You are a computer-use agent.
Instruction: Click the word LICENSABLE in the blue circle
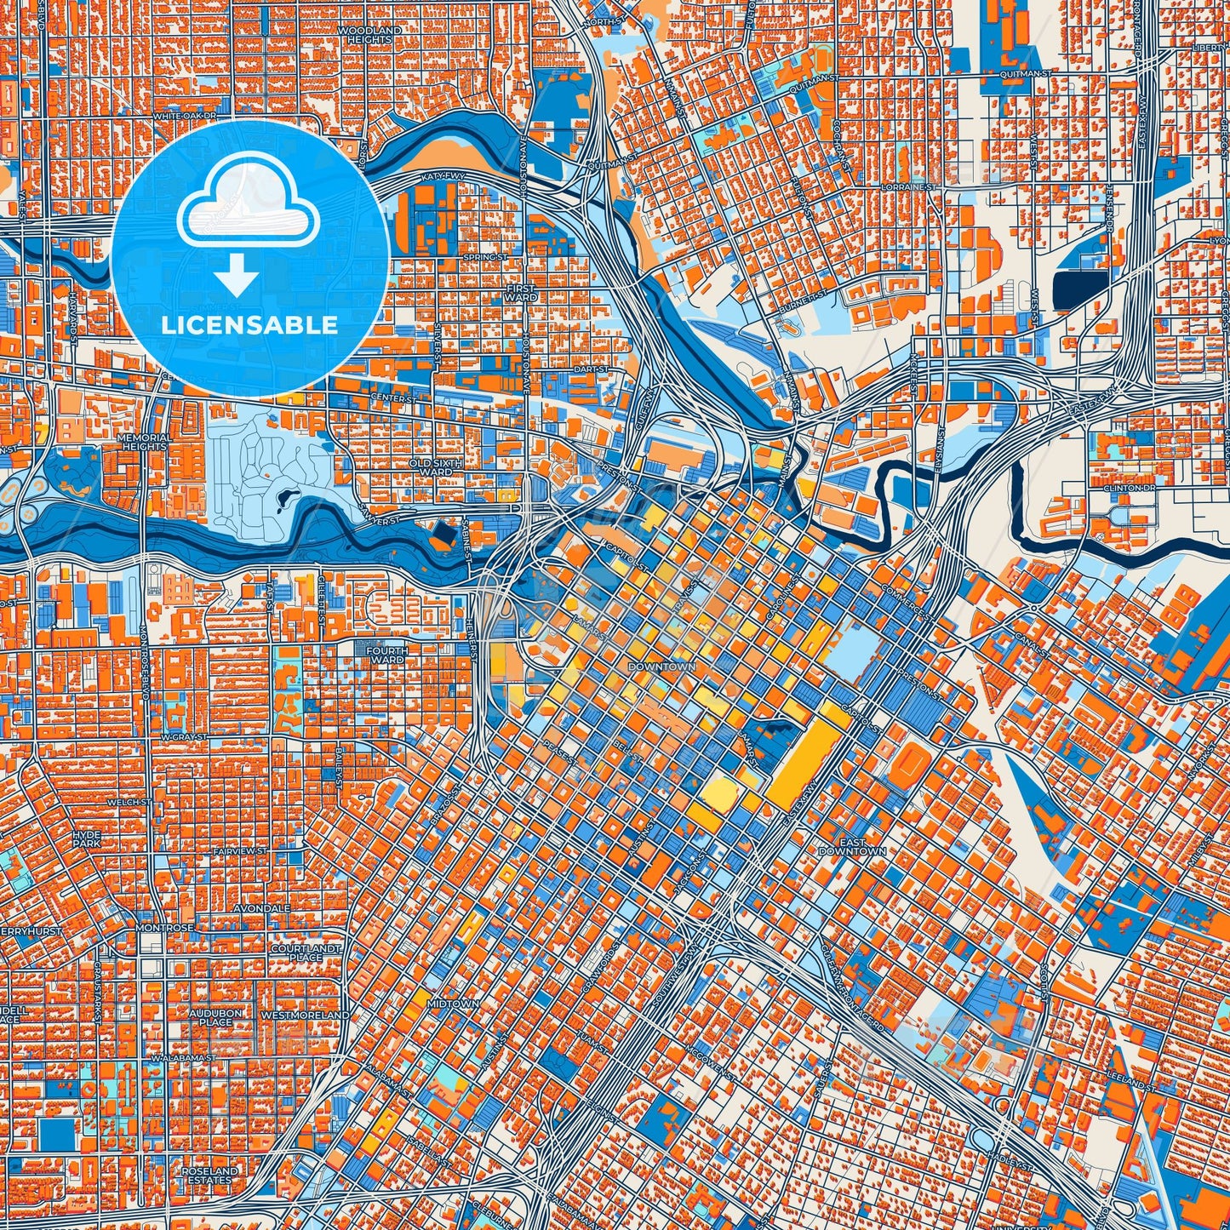click(249, 325)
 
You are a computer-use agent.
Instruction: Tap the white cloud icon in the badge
click(248, 209)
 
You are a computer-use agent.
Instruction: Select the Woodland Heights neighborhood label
click(369, 35)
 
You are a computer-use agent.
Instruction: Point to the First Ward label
click(521, 294)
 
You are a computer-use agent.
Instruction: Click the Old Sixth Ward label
click(436, 467)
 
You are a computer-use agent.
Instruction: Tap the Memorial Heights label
click(145, 442)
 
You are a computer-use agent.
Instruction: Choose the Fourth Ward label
click(386, 655)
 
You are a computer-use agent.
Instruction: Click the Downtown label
click(661, 666)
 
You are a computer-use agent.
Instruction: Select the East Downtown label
click(852, 846)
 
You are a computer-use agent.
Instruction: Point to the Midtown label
click(453, 1004)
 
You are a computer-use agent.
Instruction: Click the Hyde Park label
click(87, 838)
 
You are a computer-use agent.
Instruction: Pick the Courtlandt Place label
click(306, 953)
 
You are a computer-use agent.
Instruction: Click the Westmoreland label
click(304, 1015)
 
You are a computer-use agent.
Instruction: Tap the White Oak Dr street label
click(186, 115)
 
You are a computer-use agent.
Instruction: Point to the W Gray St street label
click(184, 736)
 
